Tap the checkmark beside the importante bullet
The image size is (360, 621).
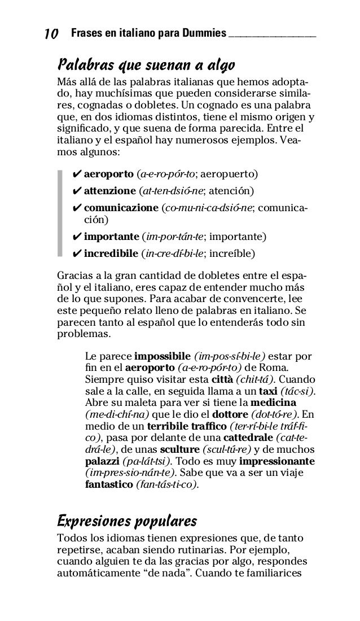(76, 235)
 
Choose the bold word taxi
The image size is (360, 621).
(267, 392)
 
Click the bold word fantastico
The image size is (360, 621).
(109, 484)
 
